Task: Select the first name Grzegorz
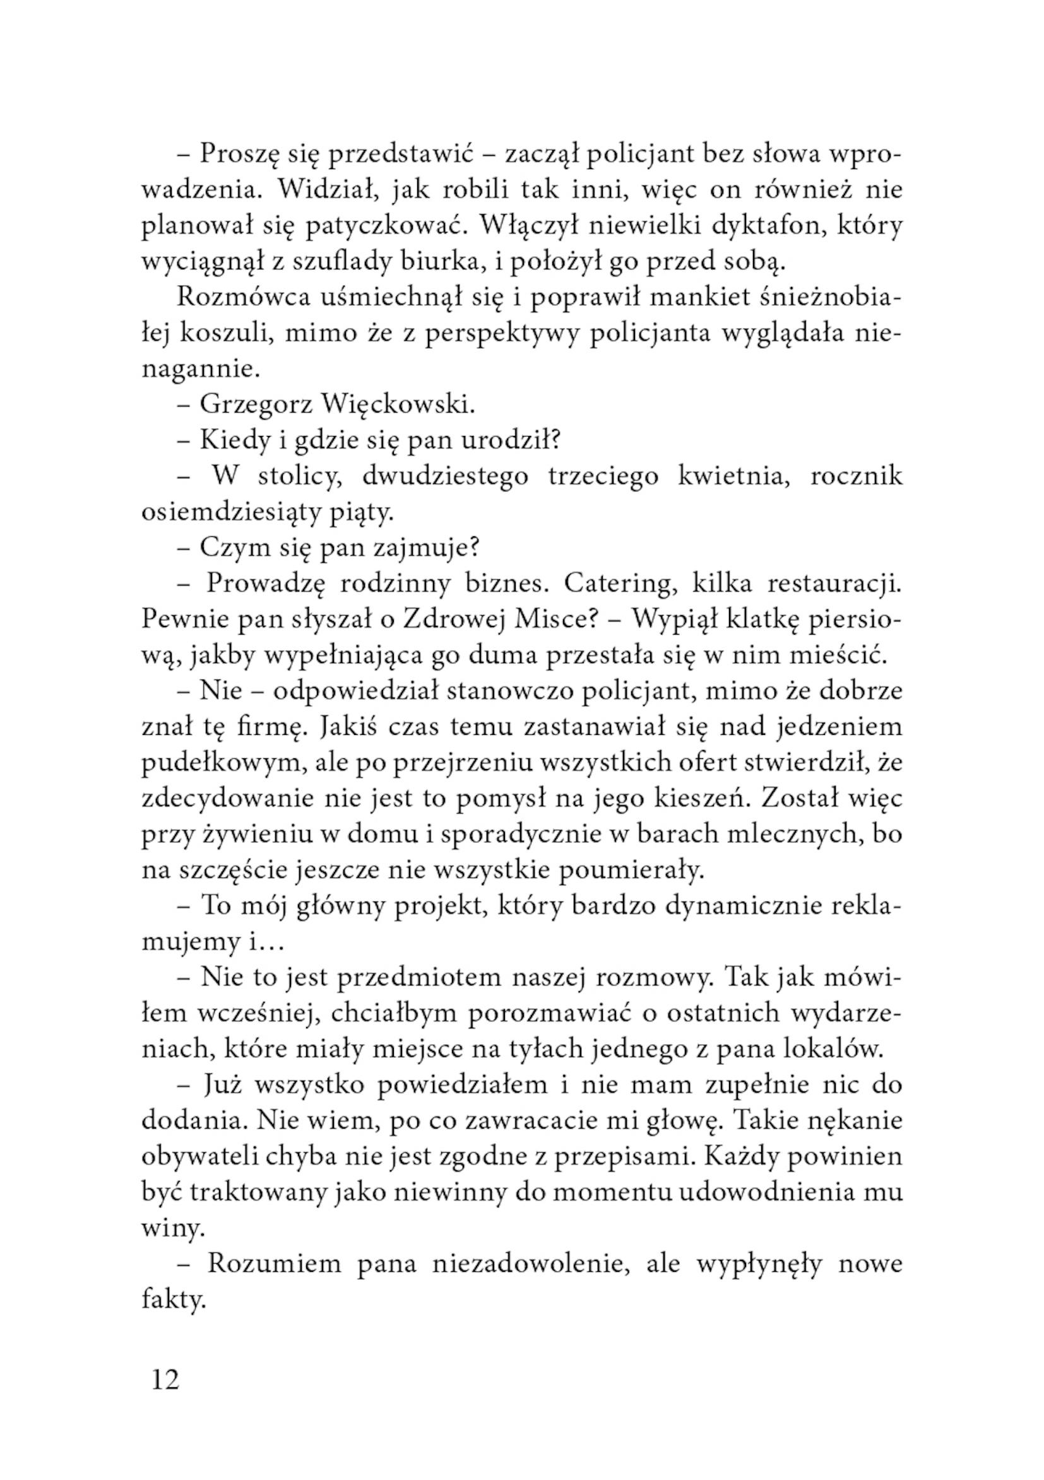coord(255,404)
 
